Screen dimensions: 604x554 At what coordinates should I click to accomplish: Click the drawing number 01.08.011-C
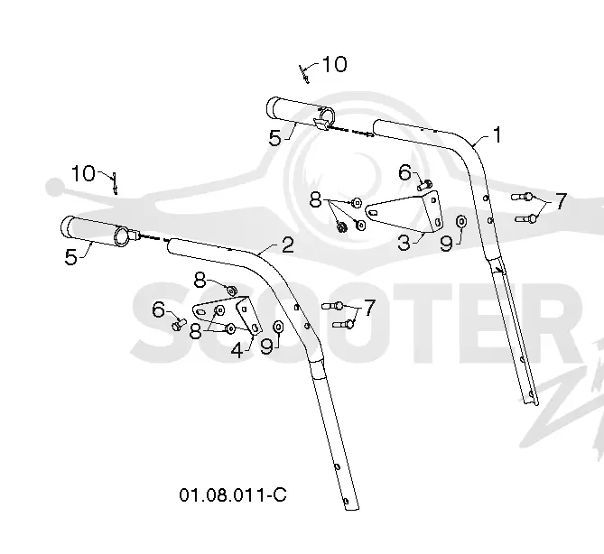coord(233,494)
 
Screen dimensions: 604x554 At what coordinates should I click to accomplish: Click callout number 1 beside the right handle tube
coord(497,135)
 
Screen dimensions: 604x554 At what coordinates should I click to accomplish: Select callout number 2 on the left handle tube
coord(288,245)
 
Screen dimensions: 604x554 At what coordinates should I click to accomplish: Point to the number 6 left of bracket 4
coord(158,309)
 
